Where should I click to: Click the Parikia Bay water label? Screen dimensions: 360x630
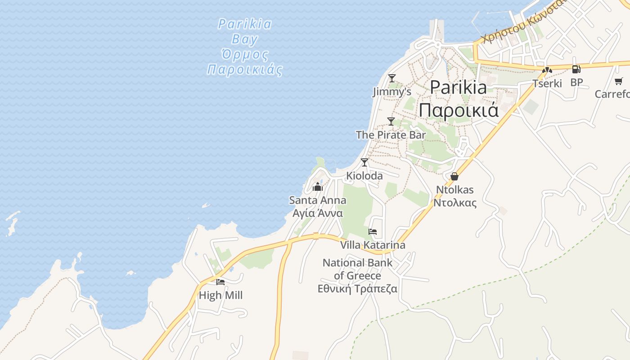point(245,46)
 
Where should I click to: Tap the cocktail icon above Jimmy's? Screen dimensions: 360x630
point(392,78)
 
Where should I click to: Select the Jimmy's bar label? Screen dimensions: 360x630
point(392,92)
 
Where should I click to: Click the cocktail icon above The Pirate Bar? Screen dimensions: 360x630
point(391,121)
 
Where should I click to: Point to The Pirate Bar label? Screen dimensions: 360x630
point(391,135)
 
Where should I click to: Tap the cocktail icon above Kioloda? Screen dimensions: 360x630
point(364,162)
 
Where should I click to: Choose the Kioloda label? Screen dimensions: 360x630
point(364,176)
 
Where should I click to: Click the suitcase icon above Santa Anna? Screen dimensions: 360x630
point(318,187)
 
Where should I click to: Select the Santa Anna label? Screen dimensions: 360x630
point(318,206)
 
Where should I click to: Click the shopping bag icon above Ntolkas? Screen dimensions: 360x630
point(454,176)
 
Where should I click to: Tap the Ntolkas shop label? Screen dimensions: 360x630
point(454,196)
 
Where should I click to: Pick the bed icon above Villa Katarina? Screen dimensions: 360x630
point(373,232)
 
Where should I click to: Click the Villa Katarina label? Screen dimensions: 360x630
point(373,245)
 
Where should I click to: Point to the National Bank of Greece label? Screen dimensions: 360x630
point(358,275)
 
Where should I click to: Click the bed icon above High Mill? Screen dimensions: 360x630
point(220,282)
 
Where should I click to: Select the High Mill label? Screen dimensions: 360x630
point(220,295)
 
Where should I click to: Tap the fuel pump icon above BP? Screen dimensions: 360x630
point(576,69)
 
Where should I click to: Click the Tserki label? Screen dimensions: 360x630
point(547,83)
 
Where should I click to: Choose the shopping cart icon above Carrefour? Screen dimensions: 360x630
point(619,81)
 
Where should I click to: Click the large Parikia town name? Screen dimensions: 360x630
point(459,98)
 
